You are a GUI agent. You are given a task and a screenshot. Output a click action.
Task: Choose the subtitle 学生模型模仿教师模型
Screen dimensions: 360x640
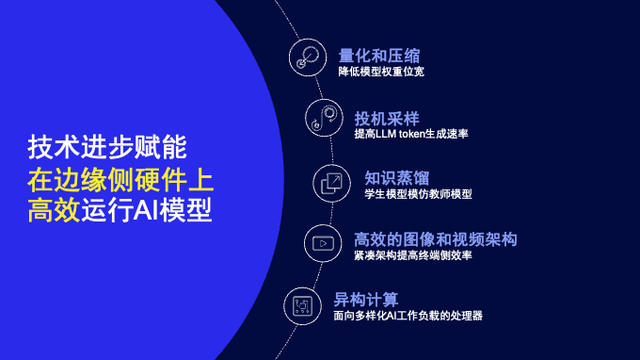point(419,195)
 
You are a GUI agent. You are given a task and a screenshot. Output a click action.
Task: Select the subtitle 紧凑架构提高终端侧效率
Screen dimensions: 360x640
point(413,256)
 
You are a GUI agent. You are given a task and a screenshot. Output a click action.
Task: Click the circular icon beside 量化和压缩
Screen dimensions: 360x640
point(306,56)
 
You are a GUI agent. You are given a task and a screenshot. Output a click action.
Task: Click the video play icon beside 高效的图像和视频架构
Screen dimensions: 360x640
point(323,242)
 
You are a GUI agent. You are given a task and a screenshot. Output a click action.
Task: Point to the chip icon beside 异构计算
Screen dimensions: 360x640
point(301,302)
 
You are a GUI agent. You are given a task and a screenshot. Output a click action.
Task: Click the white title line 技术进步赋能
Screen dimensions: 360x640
point(107,150)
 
